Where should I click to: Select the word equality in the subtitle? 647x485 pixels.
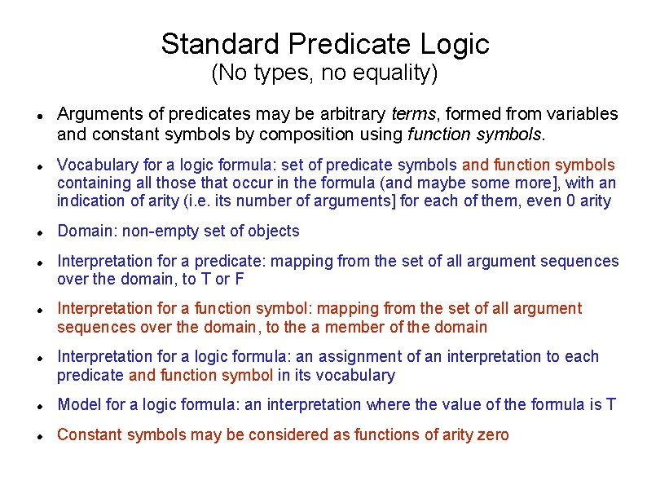pos(396,74)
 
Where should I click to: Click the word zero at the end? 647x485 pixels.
pos(492,434)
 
